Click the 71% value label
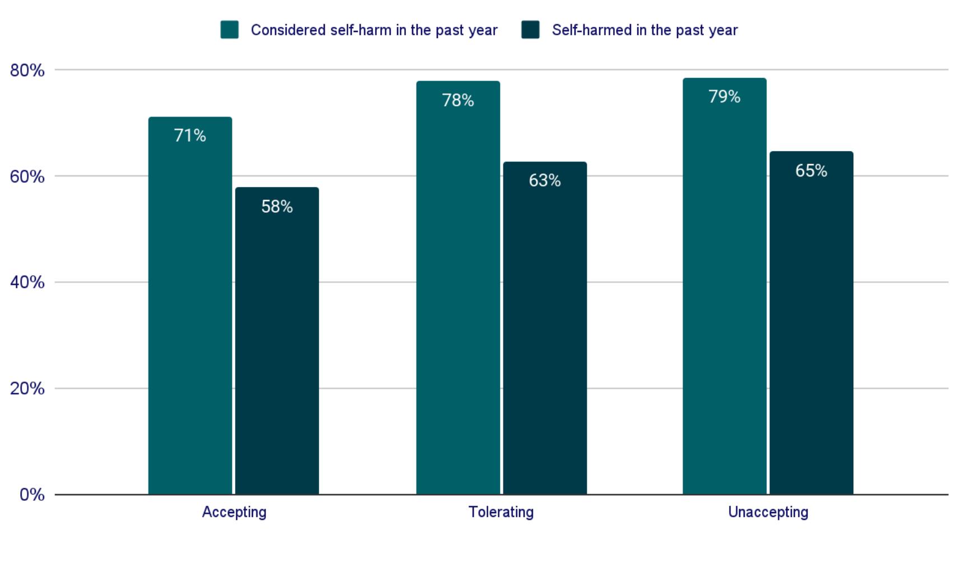pyautogui.click(x=190, y=136)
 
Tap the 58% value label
pyautogui.click(x=277, y=207)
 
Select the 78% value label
pyautogui.click(x=457, y=100)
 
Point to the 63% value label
pyautogui.click(x=544, y=180)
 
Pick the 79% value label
pyautogui.click(x=724, y=97)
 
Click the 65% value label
pyautogui.click(x=811, y=171)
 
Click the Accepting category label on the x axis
pyautogui.click(x=234, y=512)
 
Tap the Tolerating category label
pyautogui.click(x=501, y=512)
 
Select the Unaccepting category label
pyautogui.click(x=768, y=512)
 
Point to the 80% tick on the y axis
pyautogui.click(x=27, y=71)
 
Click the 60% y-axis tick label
pyautogui.click(x=27, y=176)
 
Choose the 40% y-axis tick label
pyautogui.click(x=27, y=282)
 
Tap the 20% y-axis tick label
pyautogui.click(x=27, y=388)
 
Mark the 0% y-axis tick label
pyautogui.click(x=32, y=495)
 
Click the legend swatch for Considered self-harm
pyautogui.click(x=230, y=30)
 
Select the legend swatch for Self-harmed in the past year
pyautogui.click(x=530, y=30)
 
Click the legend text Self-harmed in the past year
pyautogui.click(x=644, y=30)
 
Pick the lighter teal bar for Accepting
pyautogui.click(x=190, y=314)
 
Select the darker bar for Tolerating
pyautogui.click(x=544, y=336)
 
